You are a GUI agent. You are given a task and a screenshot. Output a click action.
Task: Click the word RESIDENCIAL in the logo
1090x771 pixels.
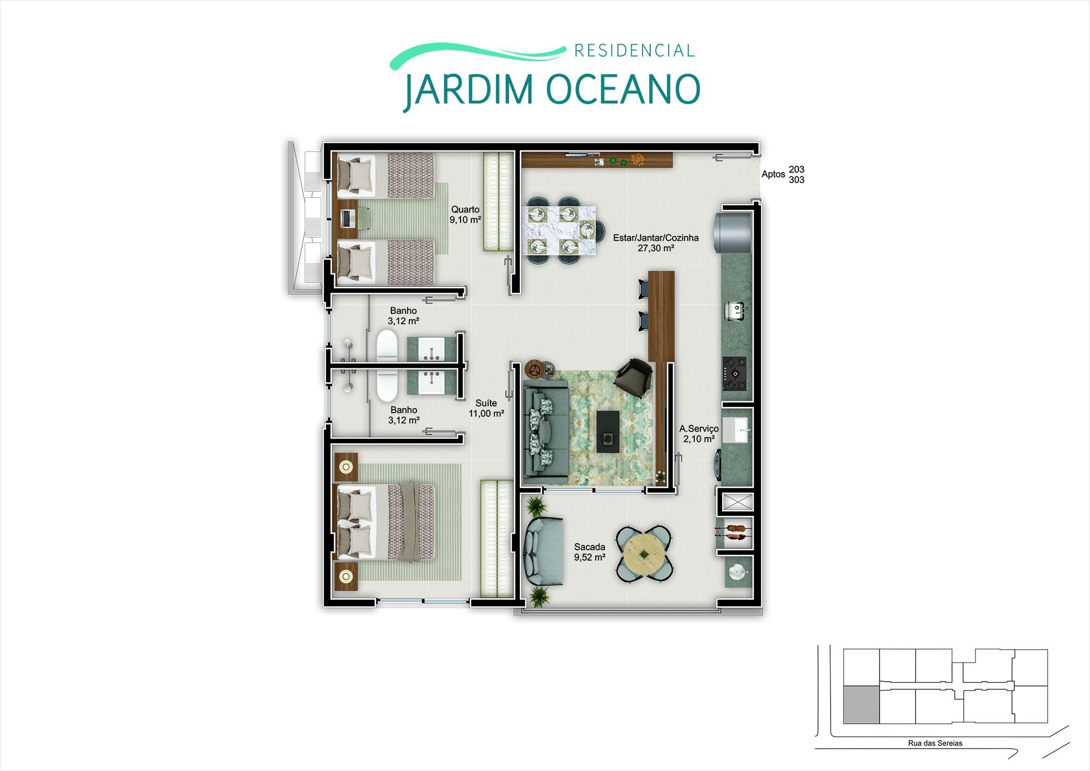[x=634, y=51]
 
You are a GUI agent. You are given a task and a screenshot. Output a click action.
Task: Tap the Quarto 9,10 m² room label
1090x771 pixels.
[x=465, y=215]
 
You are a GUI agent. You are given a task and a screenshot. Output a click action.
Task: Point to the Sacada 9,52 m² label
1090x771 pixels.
[x=590, y=552]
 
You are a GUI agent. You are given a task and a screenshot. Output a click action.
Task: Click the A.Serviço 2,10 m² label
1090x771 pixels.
[x=699, y=434]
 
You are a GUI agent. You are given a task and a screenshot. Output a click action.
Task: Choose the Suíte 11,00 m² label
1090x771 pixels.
[x=486, y=408]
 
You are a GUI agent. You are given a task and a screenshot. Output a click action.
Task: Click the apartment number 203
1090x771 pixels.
[x=796, y=169]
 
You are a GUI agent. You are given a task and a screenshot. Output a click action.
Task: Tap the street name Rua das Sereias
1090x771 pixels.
[x=935, y=743]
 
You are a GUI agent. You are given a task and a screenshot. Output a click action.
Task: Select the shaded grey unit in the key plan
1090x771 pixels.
[x=861, y=705]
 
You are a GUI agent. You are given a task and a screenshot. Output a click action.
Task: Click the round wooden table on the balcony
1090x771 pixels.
[x=644, y=554]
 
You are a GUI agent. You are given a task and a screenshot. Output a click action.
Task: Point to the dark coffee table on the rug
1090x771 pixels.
[x=608, y=432]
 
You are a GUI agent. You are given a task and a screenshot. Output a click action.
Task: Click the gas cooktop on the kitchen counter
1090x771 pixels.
[x=735, y=373]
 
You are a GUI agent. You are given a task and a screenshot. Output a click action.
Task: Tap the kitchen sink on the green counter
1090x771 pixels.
[x=735, y=311]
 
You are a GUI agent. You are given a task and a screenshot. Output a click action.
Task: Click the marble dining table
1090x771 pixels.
[x=559, y=230]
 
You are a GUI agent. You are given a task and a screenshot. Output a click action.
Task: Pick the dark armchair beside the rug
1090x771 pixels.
[x=633, y=377]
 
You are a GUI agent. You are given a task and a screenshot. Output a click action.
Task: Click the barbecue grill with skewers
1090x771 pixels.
[x=735, y=532]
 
